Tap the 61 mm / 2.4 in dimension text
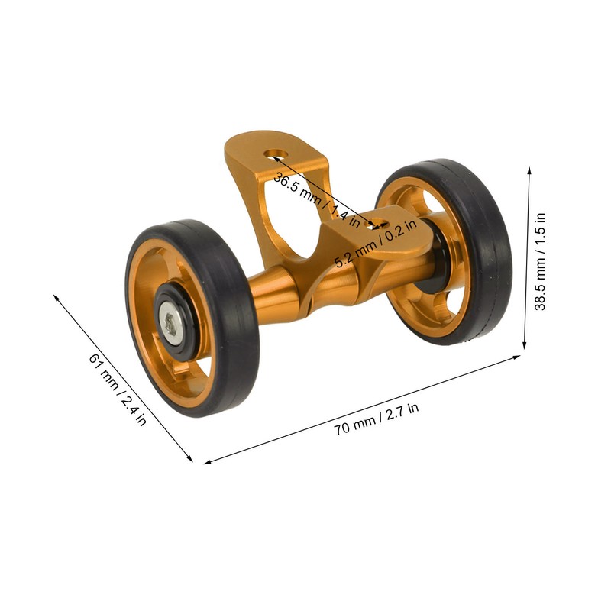point(117,389)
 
